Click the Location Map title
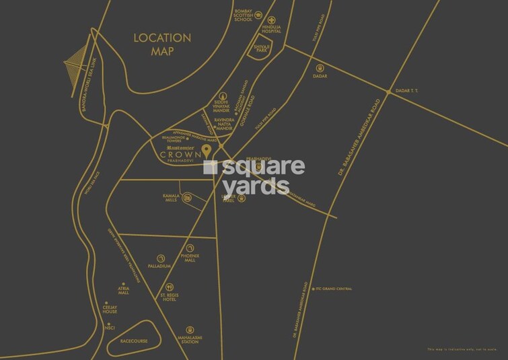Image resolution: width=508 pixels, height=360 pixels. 161,44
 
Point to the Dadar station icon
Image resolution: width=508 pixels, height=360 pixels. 320,67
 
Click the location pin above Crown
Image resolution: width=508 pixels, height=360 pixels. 207,149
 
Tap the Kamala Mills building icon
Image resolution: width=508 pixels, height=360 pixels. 187,197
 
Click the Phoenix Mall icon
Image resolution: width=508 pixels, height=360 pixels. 190,248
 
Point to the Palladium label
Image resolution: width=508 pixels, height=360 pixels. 160,266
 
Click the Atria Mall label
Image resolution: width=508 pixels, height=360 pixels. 123,291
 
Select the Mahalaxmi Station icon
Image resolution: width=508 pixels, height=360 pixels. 190,330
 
